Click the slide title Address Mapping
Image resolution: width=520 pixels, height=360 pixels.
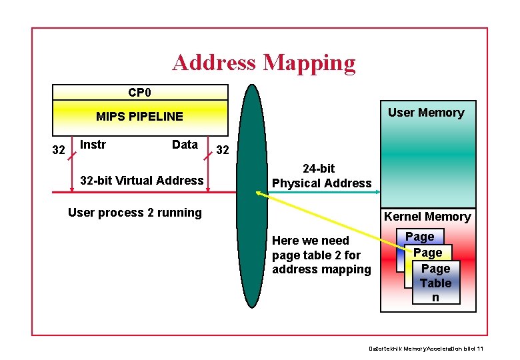pos(264,63)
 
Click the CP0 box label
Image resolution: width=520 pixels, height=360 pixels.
pos(140,92)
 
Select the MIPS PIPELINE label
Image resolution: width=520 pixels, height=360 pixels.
pos(139,117)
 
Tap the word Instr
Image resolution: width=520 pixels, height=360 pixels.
pos(93,145)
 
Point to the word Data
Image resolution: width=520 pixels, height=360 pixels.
pos(185,145)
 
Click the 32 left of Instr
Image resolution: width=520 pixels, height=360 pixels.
pos(59,150)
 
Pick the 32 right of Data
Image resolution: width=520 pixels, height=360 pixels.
pos(223,151)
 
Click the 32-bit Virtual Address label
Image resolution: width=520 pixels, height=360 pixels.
pos(141,181)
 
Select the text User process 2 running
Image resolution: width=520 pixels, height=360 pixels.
pos(135,213)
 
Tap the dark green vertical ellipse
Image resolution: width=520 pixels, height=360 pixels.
pos(252,253)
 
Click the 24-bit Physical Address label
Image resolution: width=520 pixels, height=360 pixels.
pos(321,176)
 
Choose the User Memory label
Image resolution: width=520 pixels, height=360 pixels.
pos(426,113)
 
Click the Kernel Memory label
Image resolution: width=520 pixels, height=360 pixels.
pos(427,217)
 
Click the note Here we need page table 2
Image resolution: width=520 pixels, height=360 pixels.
pos(321,255)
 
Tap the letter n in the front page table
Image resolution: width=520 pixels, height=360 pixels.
pos(435,297)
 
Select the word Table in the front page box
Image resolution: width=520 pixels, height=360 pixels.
pos(435,283)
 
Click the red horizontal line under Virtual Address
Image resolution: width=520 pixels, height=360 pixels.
pos(133,193)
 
